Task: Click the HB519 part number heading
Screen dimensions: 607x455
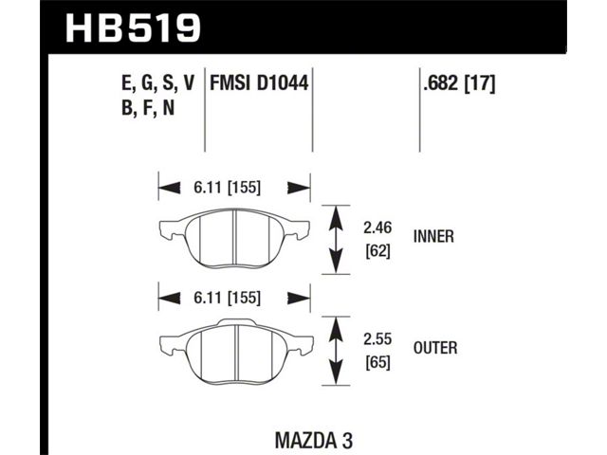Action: coord(133,27)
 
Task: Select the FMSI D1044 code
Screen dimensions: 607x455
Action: coord(259,82)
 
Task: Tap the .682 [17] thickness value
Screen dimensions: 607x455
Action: coord(459,82)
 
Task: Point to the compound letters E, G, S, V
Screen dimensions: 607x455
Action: coord(157,83)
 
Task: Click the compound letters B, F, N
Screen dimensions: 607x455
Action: coord(148,108)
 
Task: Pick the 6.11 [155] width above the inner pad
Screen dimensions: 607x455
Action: coord(228,188)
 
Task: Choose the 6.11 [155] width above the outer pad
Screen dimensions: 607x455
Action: coord(228,298)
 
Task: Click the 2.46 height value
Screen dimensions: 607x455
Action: coord(377,227)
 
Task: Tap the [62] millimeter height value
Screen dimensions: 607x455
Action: coord(377,251)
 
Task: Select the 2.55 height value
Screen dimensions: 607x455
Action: coord(377,339)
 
